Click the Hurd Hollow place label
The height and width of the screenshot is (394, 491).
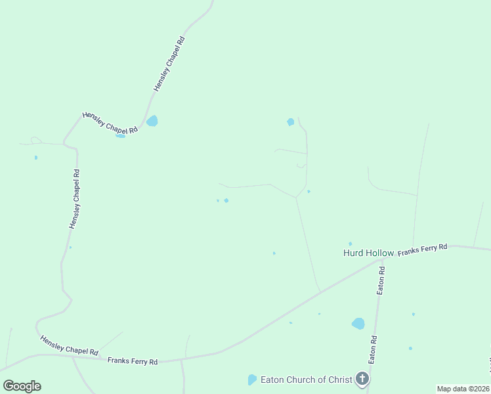pos(368,253)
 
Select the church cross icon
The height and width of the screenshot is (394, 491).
pos(362,378)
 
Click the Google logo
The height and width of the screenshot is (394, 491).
pos(22,386)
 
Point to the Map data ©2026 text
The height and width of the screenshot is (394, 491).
pos(463,389)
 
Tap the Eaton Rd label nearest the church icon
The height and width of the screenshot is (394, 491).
pos(372,350)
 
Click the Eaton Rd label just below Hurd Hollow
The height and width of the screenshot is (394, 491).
pos(381,280)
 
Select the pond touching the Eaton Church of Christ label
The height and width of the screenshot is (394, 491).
pos(252,380)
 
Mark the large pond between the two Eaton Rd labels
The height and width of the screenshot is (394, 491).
pos(358,323)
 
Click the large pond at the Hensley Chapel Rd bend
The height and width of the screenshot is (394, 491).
pos(152,121)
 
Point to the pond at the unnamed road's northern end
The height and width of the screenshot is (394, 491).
pos(291,121)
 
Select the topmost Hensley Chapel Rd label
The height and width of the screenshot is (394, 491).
pos(169,63)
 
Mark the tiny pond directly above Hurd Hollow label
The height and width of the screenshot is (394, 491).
pos(350,244)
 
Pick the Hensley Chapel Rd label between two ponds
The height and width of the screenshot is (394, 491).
pos(110,123)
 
